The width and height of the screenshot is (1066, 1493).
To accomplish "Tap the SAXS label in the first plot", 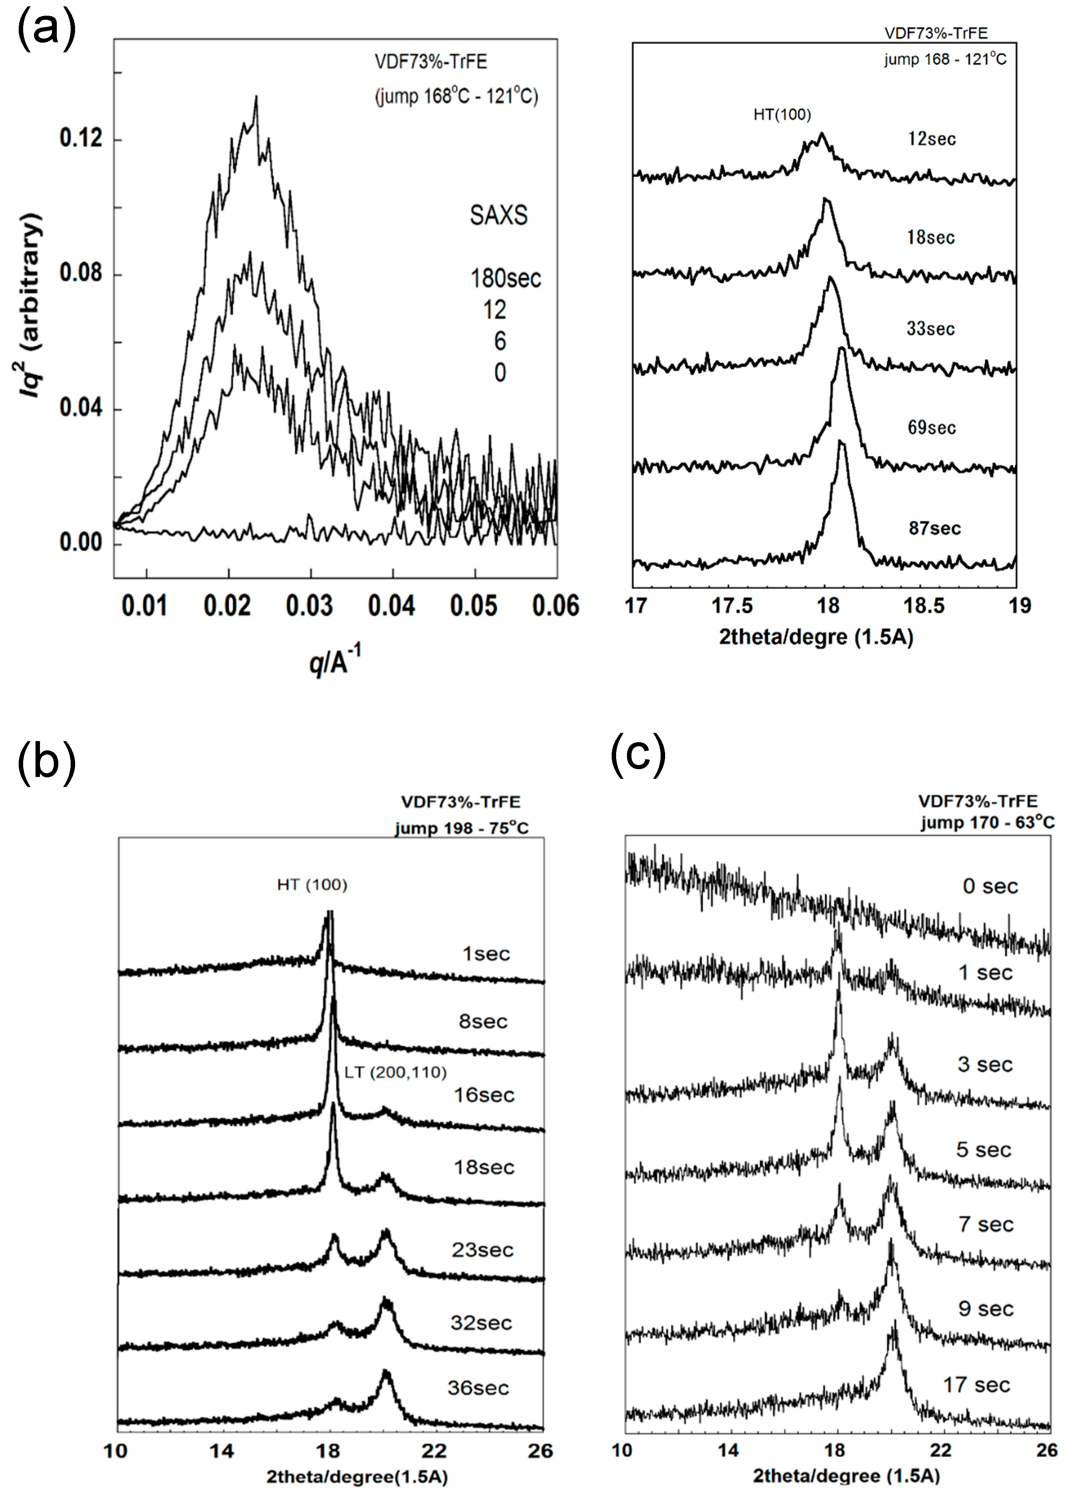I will pyautogui.click(x=498, y=215).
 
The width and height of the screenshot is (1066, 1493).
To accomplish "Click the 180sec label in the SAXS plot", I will pyautogui.click(x=506, y=278).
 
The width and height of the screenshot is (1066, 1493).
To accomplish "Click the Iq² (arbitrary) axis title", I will pyautogui.click(x=31, y=305).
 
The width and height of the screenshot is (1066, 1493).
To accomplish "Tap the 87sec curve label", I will pyautogui.click(x=934, y=528).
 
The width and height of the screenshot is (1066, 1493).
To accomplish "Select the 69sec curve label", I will pyautogui.click(x=931, y=428).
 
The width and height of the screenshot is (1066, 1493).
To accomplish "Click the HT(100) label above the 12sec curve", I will pyautogui.click(x=782, y=115).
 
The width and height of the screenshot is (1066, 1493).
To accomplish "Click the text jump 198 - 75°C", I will pyautogui.click(x=461, y=828).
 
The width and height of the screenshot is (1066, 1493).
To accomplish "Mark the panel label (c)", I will pyautogui.click(x=638, y=755).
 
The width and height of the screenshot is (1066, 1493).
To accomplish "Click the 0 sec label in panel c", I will pyautogui.click(x=990, y=886).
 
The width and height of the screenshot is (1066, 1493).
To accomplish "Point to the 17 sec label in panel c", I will pyautogui.click(x=976, y=1385).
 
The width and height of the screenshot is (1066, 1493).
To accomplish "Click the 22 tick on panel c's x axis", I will pyautogui.click(x=940, y=1450).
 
